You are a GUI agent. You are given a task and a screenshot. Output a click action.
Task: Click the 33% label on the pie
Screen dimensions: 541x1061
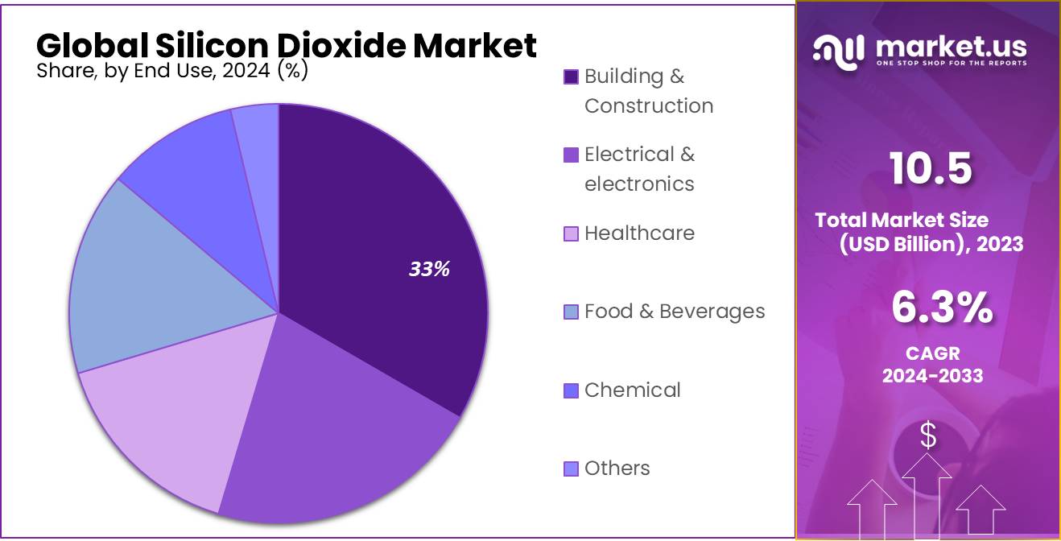(x=429, y=270)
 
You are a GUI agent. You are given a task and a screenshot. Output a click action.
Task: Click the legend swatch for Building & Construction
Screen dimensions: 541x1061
(x=571, y=77)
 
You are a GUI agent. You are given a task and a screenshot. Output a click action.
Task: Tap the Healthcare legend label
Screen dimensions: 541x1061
(x=639, y=233)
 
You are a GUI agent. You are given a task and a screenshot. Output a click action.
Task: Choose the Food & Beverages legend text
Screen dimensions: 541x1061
(x=675, y=312)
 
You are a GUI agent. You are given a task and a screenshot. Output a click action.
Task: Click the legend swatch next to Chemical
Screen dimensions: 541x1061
(x=571, y=391)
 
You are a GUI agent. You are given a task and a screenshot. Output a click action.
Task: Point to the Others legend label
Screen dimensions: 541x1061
(x=617, y=469)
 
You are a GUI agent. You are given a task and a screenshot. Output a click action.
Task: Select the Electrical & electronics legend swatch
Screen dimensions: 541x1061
(x=571, y=155)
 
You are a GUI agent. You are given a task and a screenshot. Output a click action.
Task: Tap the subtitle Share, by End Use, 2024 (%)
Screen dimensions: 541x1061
(x=172, y=70)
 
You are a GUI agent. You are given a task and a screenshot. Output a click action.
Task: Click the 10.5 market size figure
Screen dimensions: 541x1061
(x=931, y=169)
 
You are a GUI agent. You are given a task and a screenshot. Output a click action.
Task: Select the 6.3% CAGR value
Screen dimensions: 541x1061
(x=942, y=308)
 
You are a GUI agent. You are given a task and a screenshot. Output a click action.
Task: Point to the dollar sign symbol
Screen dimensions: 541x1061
(x=928, y=436)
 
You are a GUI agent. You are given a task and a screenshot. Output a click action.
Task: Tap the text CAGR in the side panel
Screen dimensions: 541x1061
(x=932, y=353)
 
